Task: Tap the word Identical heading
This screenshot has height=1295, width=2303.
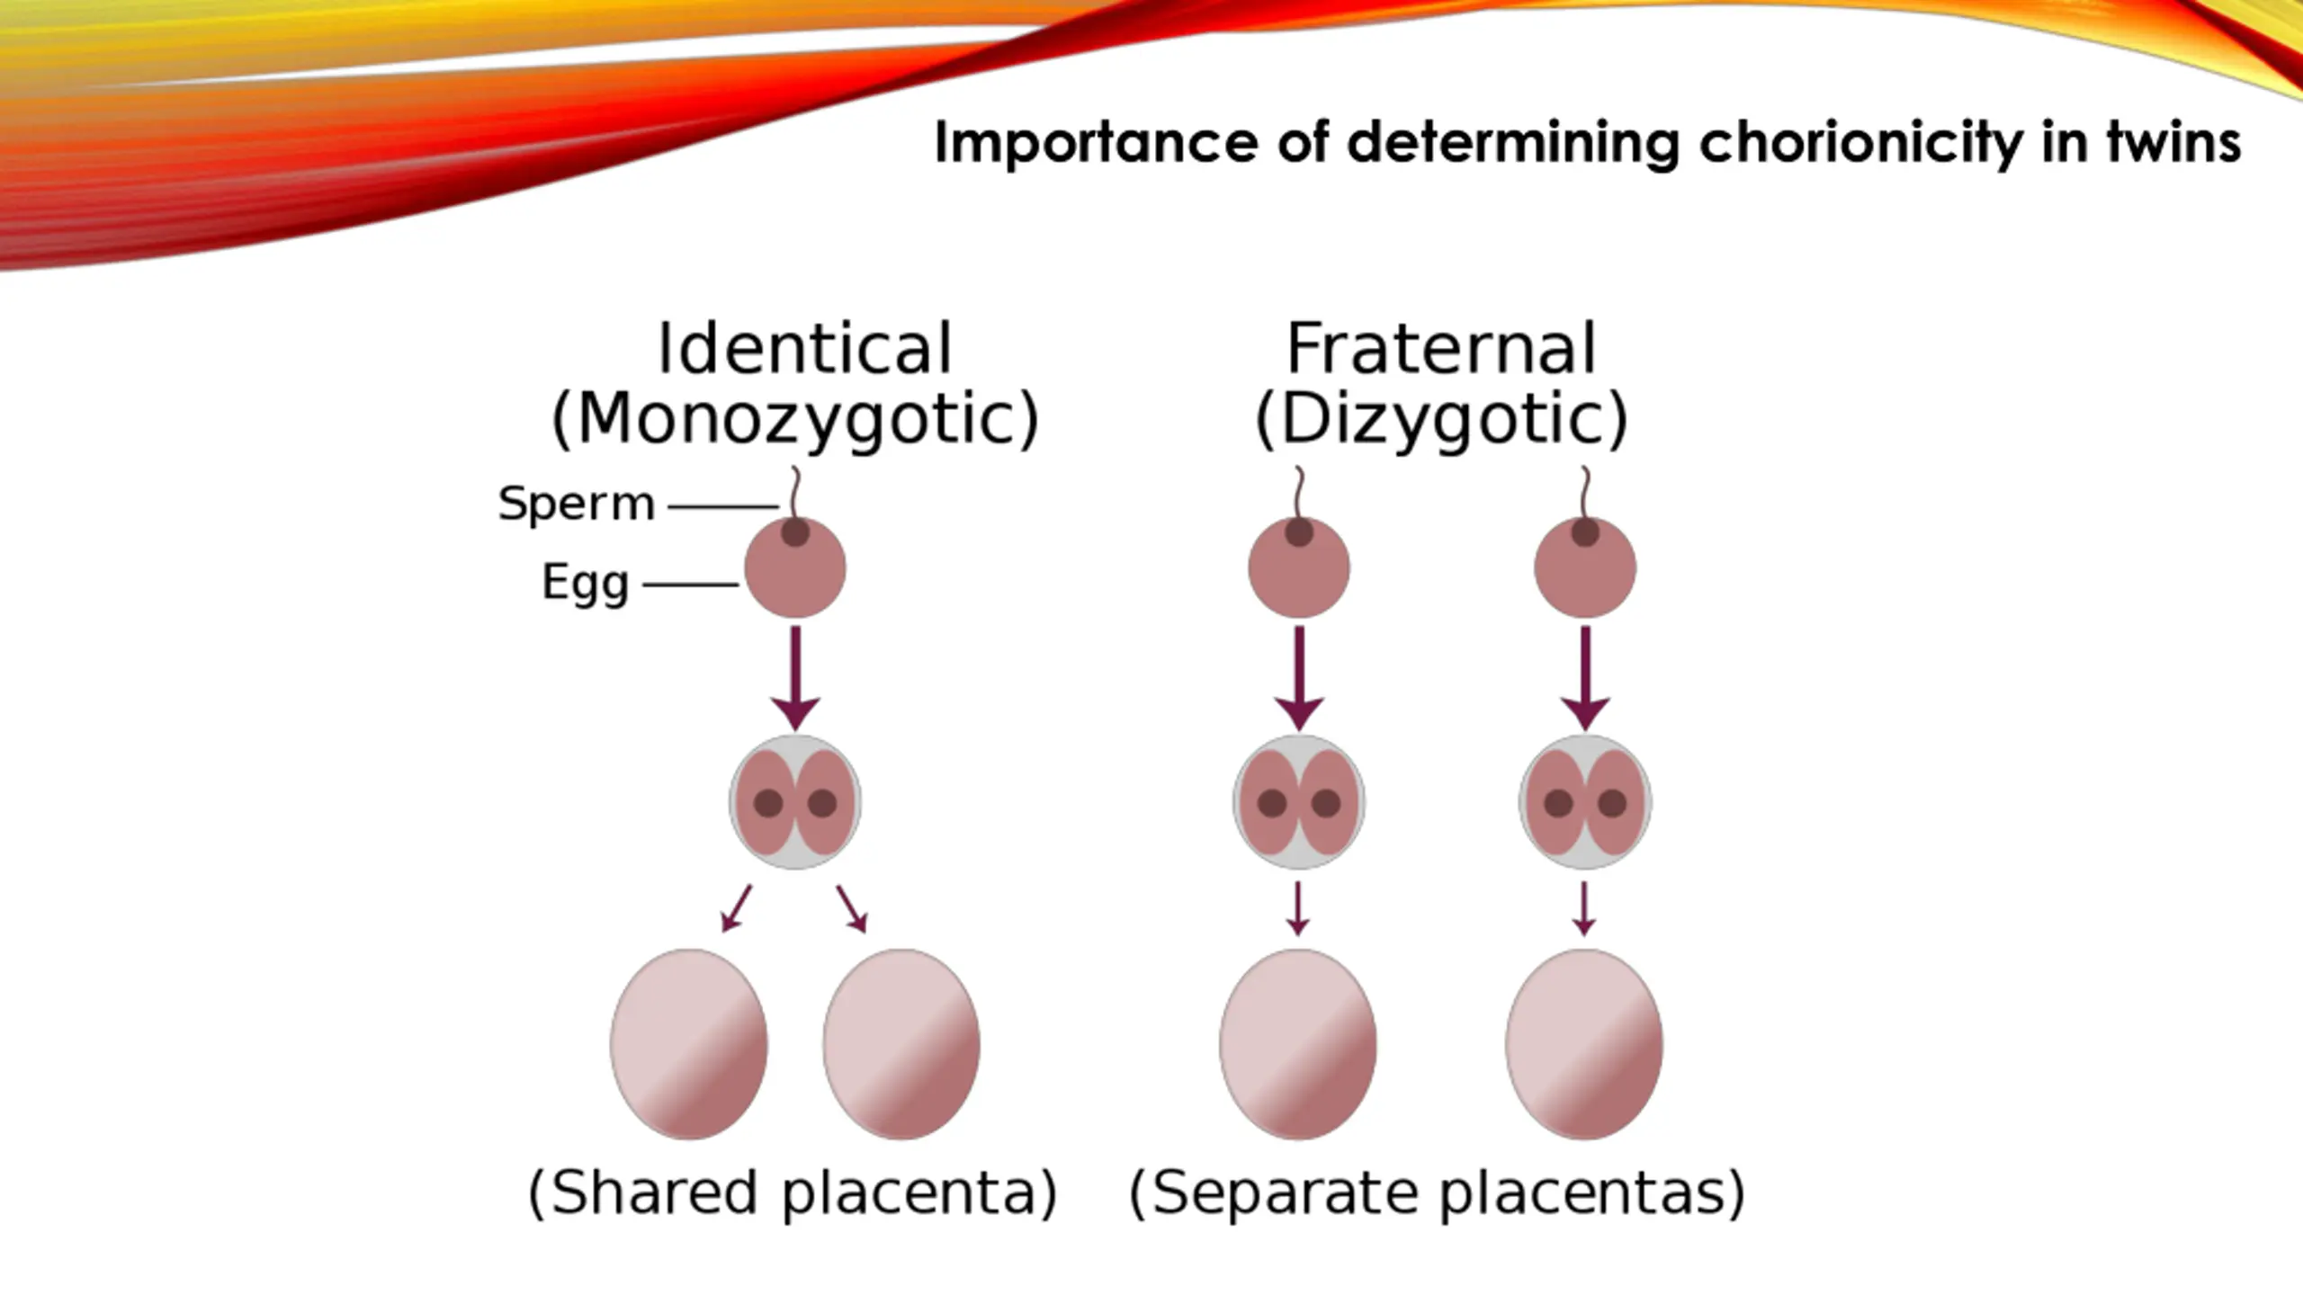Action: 804,349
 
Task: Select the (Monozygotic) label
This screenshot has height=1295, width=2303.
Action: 795,420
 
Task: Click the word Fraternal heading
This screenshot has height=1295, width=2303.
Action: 1441,349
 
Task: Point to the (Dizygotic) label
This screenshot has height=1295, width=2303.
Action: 1441,420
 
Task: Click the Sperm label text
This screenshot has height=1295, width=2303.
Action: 577,504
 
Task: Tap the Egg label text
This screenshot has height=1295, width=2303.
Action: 585,583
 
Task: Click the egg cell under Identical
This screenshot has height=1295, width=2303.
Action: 795,567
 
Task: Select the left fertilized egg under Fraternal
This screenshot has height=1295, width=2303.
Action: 1299,567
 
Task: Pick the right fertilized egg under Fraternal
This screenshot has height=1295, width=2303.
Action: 1585,567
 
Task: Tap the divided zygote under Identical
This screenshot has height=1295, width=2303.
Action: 795,802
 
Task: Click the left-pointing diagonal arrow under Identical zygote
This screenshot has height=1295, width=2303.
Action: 736,908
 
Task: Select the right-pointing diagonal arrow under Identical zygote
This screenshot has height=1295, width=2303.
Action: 852,908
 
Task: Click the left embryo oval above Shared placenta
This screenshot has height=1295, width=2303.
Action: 689,1044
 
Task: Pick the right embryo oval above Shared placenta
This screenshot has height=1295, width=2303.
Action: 901,1044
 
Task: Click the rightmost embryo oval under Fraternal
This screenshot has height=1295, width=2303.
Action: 1584,1044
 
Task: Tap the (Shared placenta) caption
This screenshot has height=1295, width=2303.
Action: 793,1193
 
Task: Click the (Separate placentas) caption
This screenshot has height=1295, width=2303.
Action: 1437,1193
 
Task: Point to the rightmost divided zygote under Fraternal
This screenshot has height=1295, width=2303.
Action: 1585,802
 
